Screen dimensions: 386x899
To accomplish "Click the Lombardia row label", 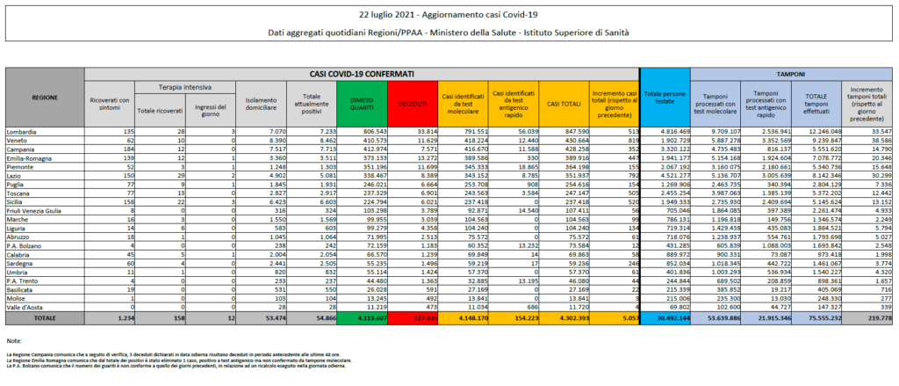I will pos(25,131).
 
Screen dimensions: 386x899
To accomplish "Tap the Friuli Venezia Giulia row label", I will pos(35,186).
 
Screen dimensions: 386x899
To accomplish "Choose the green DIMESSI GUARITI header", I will pos(362,103).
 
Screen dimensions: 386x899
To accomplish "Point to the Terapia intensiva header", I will pos(183,87).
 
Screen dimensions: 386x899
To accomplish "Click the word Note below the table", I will pos(13,339).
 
